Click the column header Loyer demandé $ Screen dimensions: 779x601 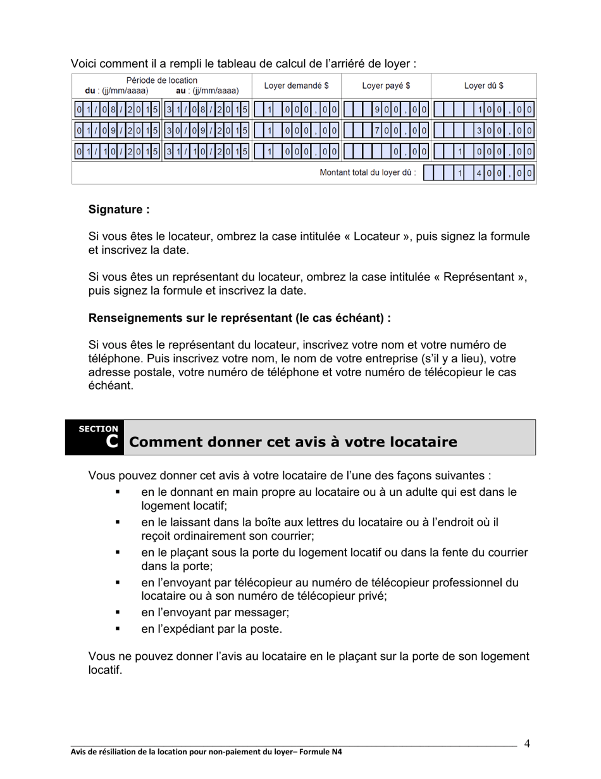tap(296, 85)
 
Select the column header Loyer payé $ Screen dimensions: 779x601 tap(386, 85)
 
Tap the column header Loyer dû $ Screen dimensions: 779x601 tap(483, 85)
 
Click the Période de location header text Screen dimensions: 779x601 tap(161, 80)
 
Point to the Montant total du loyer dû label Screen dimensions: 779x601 tap(368, 173)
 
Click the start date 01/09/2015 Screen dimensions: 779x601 tap(117, 131)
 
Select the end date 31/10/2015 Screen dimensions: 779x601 tap(207, 152)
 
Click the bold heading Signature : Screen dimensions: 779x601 tap(119, 209)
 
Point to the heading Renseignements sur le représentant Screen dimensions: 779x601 tap(239, 318)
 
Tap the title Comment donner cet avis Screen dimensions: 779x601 tap(292, 442)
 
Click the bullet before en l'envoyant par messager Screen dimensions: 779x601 tap(117, 612)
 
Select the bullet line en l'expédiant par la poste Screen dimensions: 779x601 tap(211, 629)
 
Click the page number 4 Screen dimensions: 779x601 tap(527, 744)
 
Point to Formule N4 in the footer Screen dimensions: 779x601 tap(321, 752)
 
